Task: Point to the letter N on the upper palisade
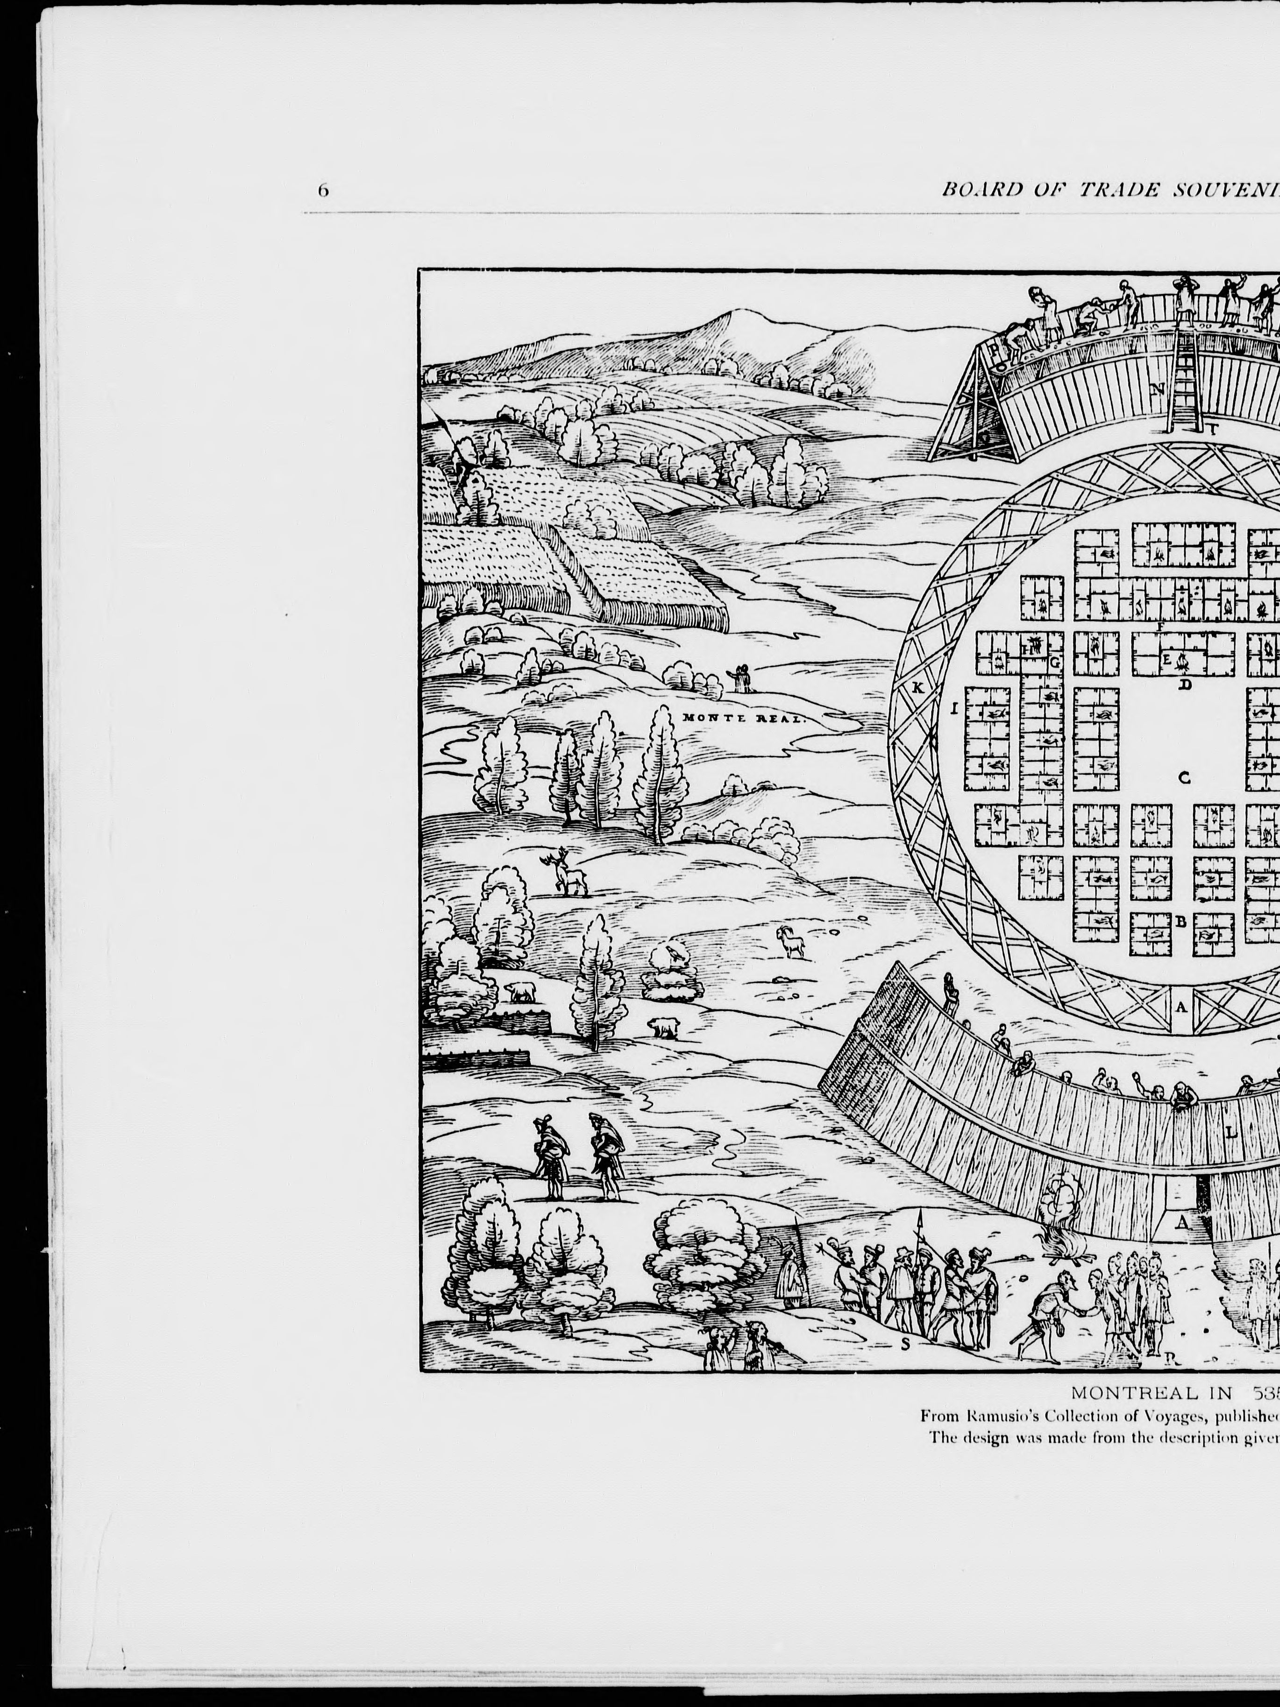[1157, 389]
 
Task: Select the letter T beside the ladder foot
[1212, 430]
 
